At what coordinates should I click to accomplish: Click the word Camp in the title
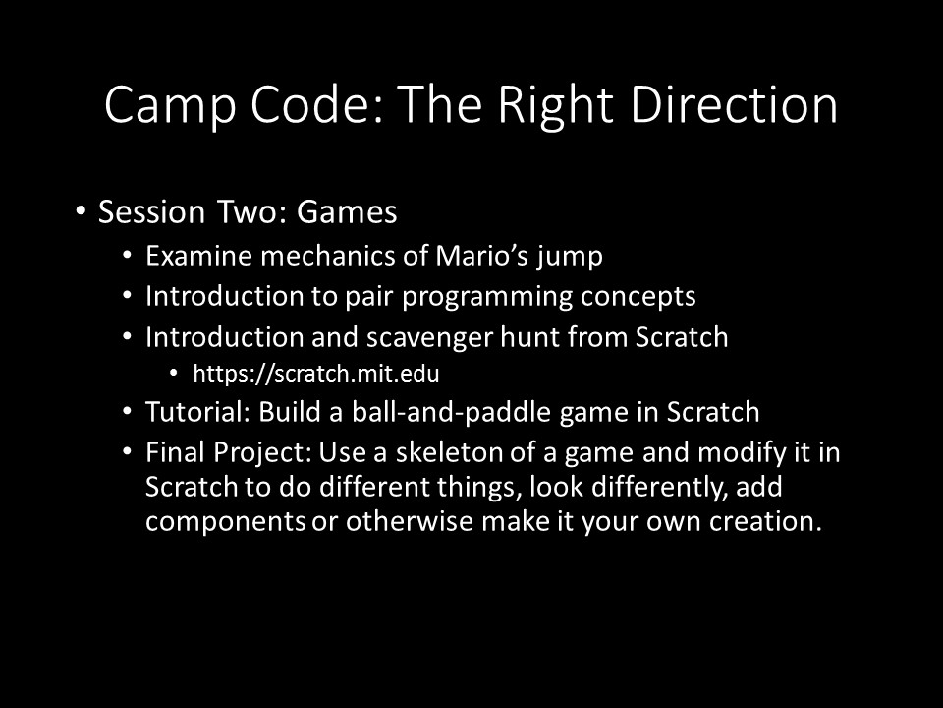pyautogui.click(x=170, y=105)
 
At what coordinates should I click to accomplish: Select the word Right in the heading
pyautogui.click(x=555, y=106)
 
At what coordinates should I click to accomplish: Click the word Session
pyautogui.click(x=151, y=212)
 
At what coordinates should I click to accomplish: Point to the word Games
pyautogui.click(x=347, y=212)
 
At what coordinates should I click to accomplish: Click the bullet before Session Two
pyautogui.click(x=81, y=211)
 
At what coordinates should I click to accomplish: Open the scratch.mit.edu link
pyautogui.click(x=316, y=374)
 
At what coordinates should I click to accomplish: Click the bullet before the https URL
pyautogui.click(x=174, y=374)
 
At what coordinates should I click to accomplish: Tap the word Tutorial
pyautogui.click(x=197, y=412)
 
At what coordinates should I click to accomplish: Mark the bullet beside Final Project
pyautogui.click(x=127, y=452)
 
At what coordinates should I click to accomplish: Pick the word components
pyautogui.click(x=226, y=522)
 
